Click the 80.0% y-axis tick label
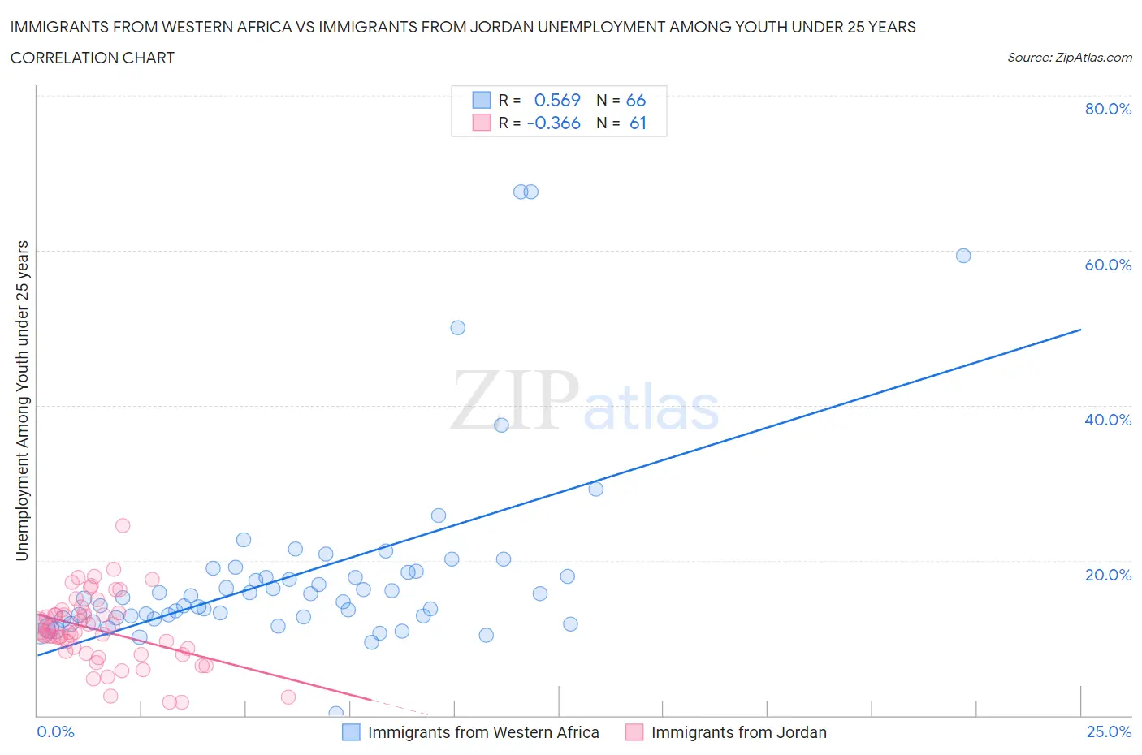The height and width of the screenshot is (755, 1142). point(1108,109)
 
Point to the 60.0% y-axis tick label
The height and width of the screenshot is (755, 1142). point(1108,265)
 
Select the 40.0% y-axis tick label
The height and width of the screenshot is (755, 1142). point(1108,420)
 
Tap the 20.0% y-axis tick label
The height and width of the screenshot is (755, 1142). point(1108,575)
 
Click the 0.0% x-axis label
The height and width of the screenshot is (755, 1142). point(55,731)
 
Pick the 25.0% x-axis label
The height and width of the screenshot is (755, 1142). point(1109,731)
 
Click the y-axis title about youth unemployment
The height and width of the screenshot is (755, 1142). point(22,400)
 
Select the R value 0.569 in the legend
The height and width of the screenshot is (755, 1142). point(557,100)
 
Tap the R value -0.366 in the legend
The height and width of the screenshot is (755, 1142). point(554,123)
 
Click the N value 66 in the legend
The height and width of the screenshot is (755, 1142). point(636,100)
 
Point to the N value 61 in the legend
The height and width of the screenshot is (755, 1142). point(638,123)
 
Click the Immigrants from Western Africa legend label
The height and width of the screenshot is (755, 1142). point(483,732)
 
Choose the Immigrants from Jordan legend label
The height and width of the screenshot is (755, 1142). point(738,732)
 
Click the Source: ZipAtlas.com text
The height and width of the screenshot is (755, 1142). point(1069,58)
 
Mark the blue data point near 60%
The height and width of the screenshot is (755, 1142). point(963,256)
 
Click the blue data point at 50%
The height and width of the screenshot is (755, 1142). point(458,328)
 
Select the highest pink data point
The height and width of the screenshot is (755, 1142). point(123,525)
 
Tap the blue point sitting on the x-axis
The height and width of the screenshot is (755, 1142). point(335,713)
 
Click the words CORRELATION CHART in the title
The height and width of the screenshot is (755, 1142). point(93,58)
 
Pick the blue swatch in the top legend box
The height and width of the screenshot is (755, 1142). point(482,100)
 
